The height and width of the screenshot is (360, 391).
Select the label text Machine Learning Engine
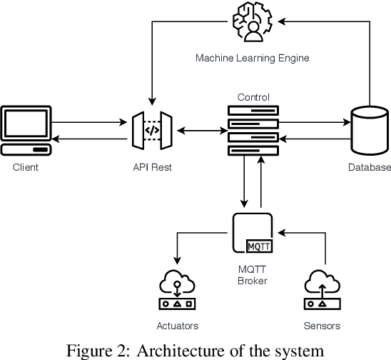click(253, 58)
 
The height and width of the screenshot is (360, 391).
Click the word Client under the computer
click(26, 167)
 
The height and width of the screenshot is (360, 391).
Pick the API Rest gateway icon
click(151, 131)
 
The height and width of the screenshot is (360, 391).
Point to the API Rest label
click(151, 167)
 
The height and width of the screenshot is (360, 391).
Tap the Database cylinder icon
click(370, 131)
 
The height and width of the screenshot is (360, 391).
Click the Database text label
click(370, 167)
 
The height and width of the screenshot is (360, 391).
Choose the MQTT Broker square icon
click(253, 233)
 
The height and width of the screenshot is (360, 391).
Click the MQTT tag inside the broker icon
click(258, 246)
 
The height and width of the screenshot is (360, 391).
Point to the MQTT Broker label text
click(253, 275)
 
